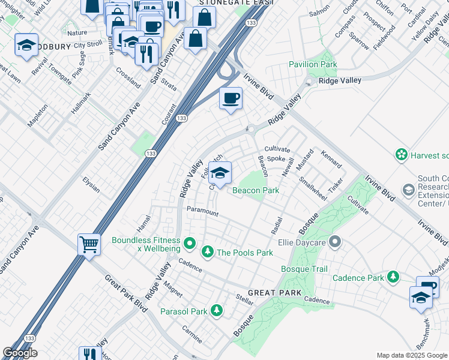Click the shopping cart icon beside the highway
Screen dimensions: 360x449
click(89, 244)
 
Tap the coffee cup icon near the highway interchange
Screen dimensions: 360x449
click(230, 98)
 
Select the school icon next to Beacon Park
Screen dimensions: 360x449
click(220, 172)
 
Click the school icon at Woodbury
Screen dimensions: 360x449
click(26, 44)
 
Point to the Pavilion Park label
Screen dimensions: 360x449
click(313, 64)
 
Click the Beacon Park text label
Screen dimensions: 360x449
click(256, 190)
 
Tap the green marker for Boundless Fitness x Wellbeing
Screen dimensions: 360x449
click(190, 243)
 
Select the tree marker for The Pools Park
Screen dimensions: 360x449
click(208, 251)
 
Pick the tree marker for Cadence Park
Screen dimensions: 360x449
click(393, 277)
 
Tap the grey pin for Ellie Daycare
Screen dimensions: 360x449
click(335, 242)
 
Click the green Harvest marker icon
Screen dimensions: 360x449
click(401, 155)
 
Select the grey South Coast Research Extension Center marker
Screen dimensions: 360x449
click(408, 190)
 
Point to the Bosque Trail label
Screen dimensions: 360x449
click(304, 269)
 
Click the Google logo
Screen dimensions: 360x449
click(20, 353)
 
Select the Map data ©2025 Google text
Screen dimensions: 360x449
click(412, 355)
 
